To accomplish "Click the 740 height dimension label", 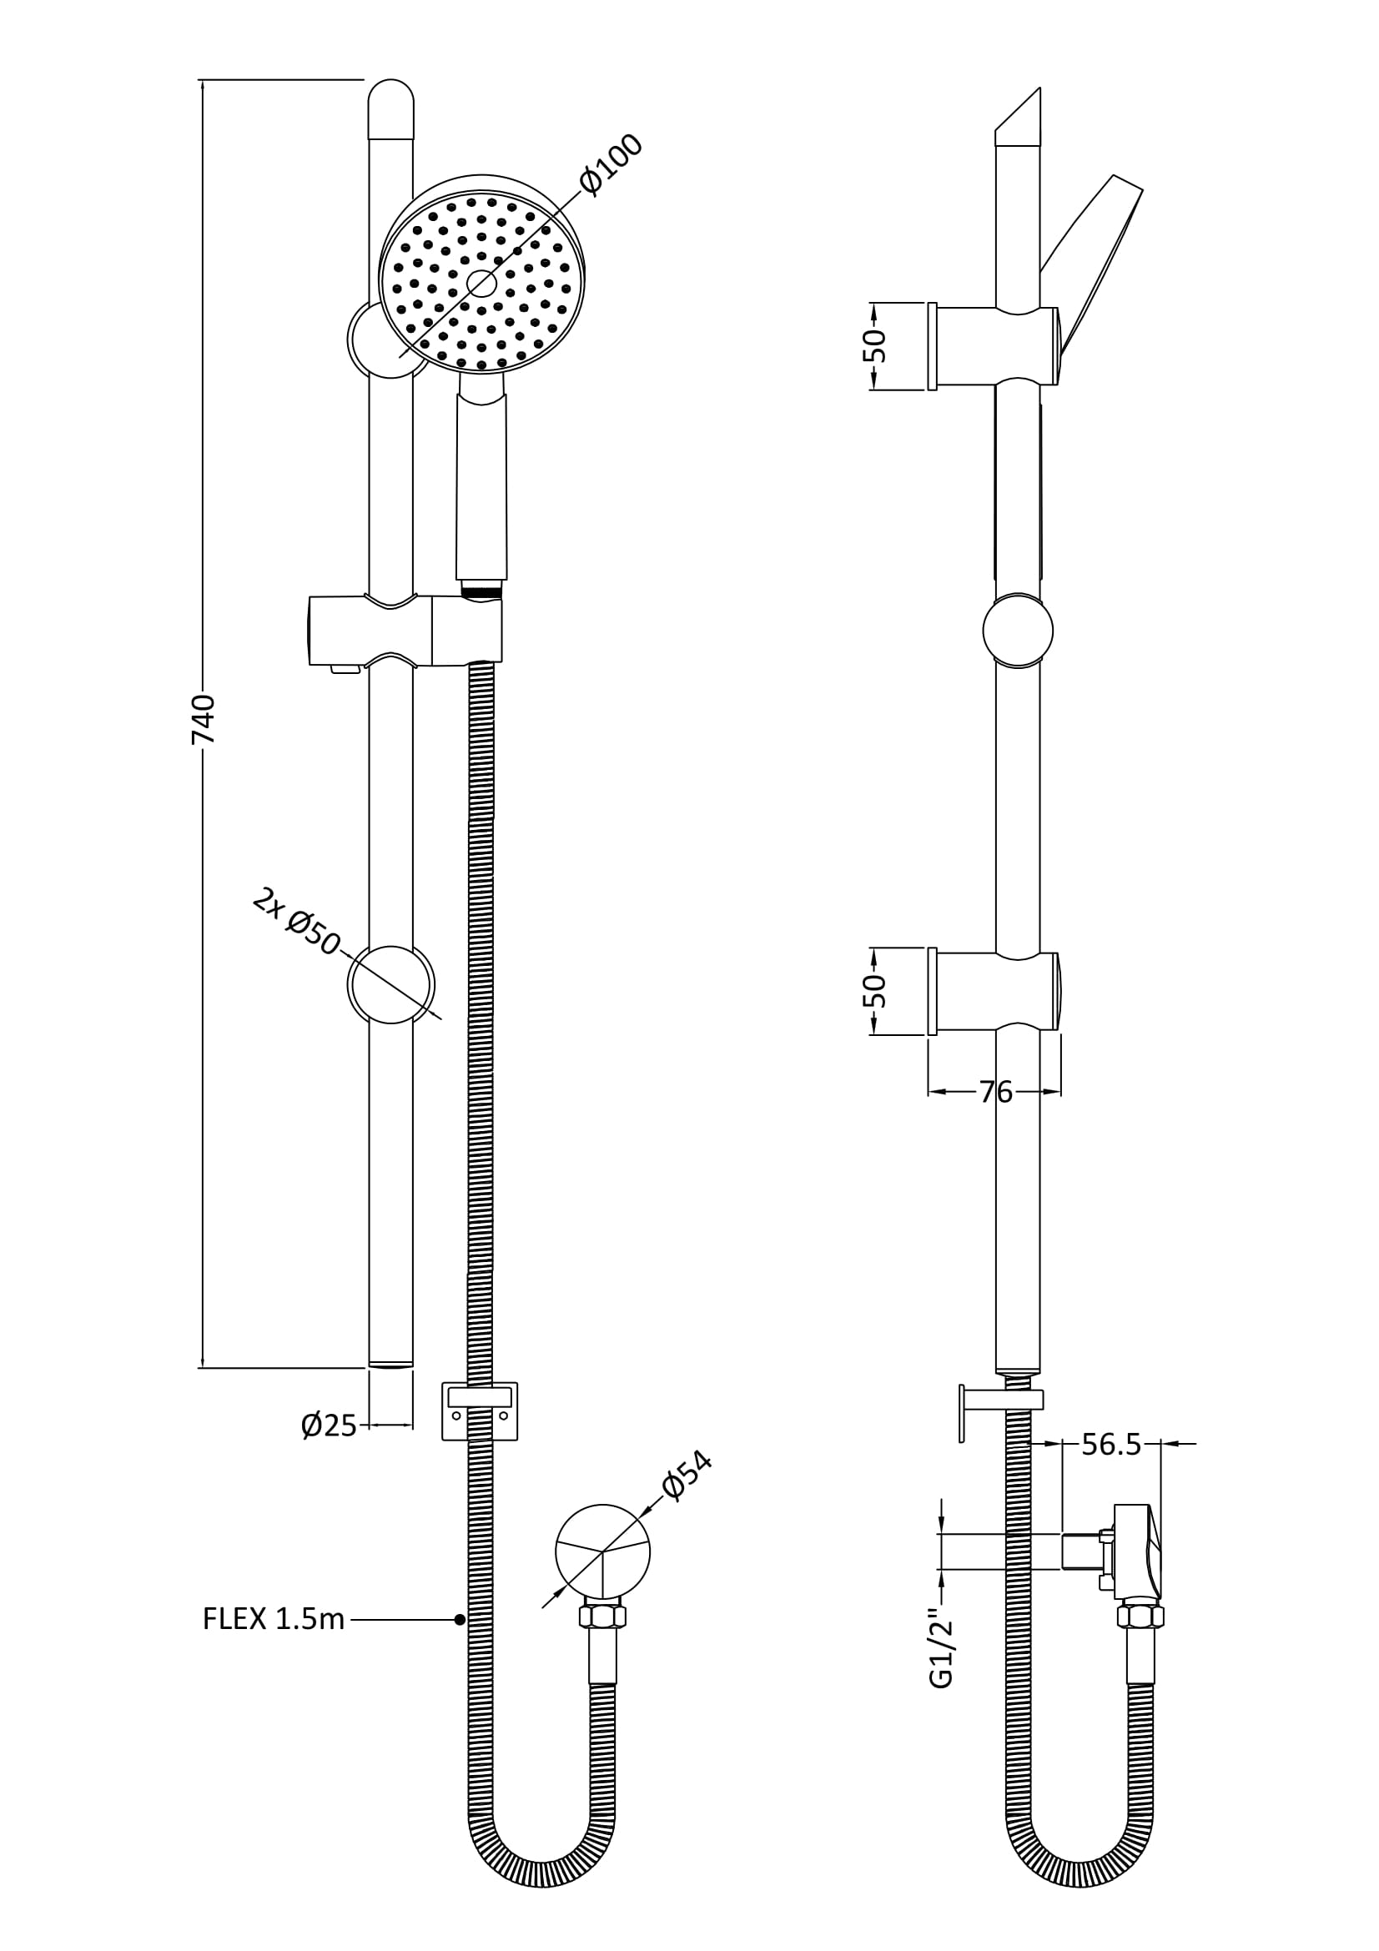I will pos(203,719).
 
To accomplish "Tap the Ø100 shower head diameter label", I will pos(611,165).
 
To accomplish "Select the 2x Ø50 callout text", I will pos(296,922).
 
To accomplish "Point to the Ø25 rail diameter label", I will pos(329,1425).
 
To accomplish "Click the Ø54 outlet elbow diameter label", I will pos(687,1476).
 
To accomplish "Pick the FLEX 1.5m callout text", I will pos(274,1619).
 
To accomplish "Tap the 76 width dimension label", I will pos(995,1092).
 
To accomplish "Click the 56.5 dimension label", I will pos(1111,1444).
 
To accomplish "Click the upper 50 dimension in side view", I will pos(876,346).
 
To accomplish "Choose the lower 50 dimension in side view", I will pos(876,991).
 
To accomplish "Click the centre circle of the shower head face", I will pos(481,284).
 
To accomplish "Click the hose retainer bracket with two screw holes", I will pos(480,1411).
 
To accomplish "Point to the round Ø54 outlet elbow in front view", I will pos(602,1551).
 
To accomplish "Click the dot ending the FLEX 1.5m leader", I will pos(460,1620).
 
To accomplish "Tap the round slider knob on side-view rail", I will pos(1018,631).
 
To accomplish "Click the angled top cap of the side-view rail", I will pos(1018,119).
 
